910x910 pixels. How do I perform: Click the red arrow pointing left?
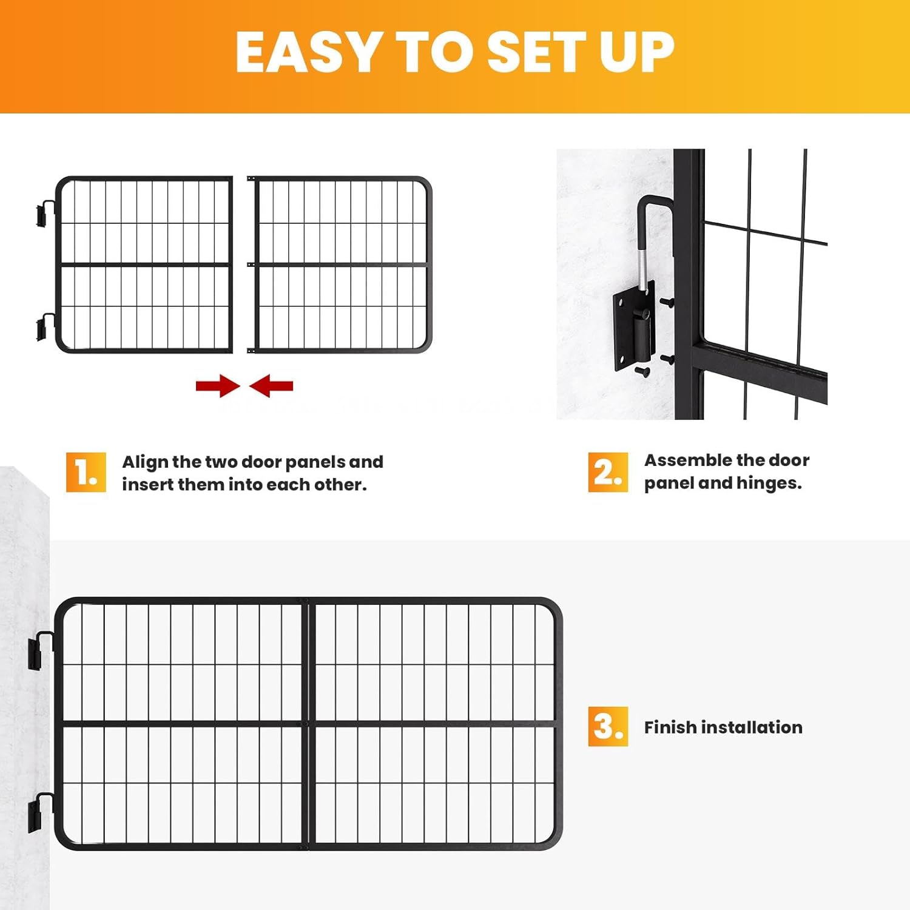point(271,386)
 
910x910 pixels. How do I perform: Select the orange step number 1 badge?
point(86,472)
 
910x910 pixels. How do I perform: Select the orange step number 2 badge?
point(607,472)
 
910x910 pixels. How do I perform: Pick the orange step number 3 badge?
point(607,726)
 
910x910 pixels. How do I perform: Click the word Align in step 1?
point(145,462)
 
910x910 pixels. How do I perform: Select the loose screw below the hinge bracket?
point(642,371)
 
